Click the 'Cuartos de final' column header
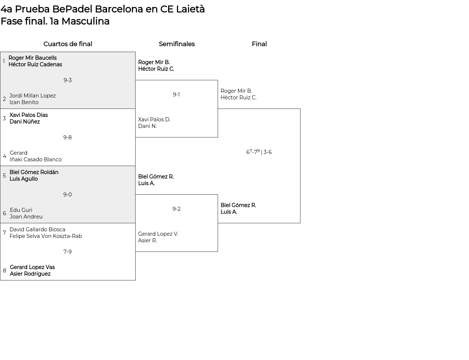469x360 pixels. pos(68,44)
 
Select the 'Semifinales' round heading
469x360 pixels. pos(177,44)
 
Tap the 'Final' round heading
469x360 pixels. pos(259,44)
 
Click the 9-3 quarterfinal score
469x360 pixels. pos(67,80)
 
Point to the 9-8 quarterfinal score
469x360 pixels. pos(67,137)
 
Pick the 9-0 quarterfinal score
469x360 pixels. pos(67,195)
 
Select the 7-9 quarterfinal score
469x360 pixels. pos(67,252)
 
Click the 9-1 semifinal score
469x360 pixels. pos(176,95)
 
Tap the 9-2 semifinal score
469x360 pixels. pos(176,209)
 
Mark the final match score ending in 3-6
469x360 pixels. pos(259,152)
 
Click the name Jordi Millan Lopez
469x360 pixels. pos(33,96)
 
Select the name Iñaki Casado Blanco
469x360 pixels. pos(36,159)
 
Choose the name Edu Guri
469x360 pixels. pos(21,210)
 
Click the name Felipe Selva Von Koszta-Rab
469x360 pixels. pos(46,236)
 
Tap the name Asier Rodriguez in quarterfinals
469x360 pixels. pos(30,274)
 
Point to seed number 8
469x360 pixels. pos(4,271)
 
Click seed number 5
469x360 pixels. pos(4,176)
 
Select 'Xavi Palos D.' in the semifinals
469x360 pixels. pos(154,120)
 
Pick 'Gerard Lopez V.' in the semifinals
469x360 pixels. pos(158,234)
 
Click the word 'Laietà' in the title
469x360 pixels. pos(190,9)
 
